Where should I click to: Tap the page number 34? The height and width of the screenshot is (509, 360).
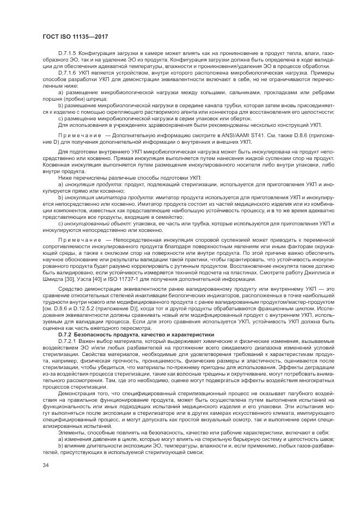(46, 464)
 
